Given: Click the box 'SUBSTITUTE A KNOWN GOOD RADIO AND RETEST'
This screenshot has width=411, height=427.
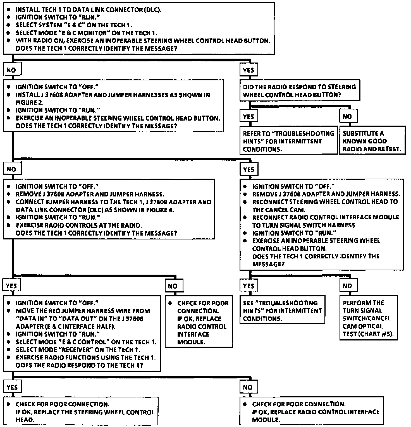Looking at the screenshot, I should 372,141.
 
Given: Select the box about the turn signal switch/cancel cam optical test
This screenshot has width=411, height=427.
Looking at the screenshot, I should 368,318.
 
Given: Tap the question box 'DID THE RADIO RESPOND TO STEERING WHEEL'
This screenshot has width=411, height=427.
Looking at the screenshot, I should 300,91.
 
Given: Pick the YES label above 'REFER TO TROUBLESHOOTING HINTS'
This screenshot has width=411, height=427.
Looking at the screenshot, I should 248,116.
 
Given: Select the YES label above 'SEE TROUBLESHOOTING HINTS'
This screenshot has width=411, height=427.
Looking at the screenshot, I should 248,286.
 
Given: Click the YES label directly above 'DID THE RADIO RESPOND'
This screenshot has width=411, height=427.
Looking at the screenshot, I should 248,70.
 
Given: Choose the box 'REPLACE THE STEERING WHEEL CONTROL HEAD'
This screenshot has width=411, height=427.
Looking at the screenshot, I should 80,412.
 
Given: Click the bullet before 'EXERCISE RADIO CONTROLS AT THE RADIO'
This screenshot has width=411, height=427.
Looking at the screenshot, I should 9,225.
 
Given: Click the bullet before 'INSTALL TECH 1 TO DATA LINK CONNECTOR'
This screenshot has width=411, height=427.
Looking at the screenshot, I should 9,10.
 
